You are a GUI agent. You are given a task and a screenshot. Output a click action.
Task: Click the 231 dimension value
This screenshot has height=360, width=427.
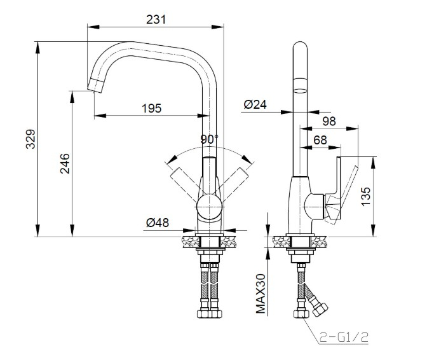click(156, 20)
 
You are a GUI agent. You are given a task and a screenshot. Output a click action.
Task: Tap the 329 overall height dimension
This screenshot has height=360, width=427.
click(30, 139)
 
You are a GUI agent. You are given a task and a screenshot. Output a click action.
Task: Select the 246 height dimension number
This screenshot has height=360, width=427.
click(65, 163)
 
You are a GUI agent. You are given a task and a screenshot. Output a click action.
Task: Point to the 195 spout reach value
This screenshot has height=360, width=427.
click(152, 108)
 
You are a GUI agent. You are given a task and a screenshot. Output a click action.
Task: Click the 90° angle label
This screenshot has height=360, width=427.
click(210, 139)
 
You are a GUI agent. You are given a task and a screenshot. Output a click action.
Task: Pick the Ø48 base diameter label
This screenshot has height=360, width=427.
click(158, 223)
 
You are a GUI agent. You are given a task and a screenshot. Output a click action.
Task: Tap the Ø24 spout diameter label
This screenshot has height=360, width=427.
click(255, 104)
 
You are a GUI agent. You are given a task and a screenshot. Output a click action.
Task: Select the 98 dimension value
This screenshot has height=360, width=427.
click(329, 121)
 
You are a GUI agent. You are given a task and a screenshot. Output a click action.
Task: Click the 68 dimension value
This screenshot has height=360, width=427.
click(320, 140)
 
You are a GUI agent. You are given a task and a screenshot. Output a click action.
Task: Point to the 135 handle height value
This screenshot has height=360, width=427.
click(365, 197)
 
